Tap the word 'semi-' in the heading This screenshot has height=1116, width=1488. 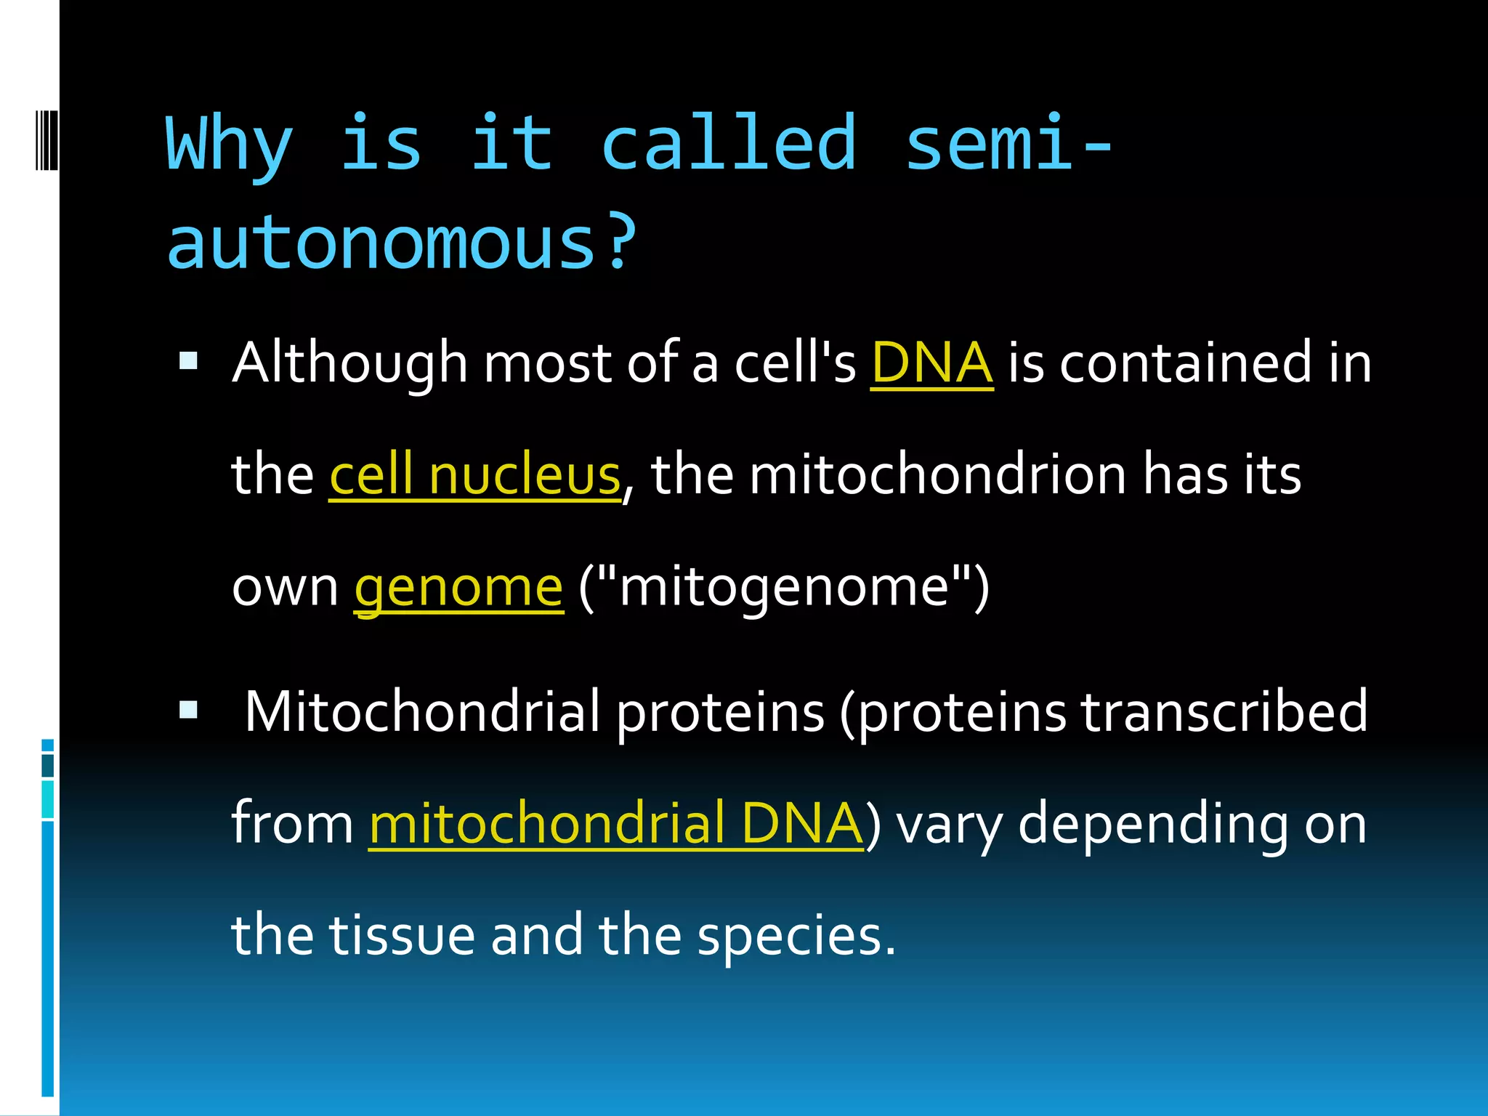pyautogui.click(x=1008, y=144)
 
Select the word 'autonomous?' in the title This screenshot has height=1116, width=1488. pyautogui.click(x=402, y=243)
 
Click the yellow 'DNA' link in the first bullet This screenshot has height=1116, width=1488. pyautogui.click(x=931, y=363)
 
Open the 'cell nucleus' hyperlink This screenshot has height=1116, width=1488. pyautogui.click(x=475, y=475)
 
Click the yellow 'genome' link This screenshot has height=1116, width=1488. pyautogui.click(x=458, y=587)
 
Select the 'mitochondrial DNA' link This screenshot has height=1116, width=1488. pyautogui.click(x=616, y=824)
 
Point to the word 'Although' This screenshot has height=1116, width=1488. pyautogui.click(x=349, y=363)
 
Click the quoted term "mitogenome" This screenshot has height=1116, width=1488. pyautogui.click(x=785, y=587)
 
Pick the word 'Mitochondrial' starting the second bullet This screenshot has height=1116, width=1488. pyautogui.click(x=422, y=712)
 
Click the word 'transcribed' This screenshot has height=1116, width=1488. pyautogui.click(x=1224, y=712)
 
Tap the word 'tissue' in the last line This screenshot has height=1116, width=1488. pyautogui.click(x=402, y=936)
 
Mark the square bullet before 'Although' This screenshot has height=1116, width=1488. pyautogui.click(x=188, y=361)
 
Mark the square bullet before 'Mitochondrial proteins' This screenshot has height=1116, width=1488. pyautogui.click(x=188, y=709)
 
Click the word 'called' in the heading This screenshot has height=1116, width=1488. pyautogui.click(x=729, y=144)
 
